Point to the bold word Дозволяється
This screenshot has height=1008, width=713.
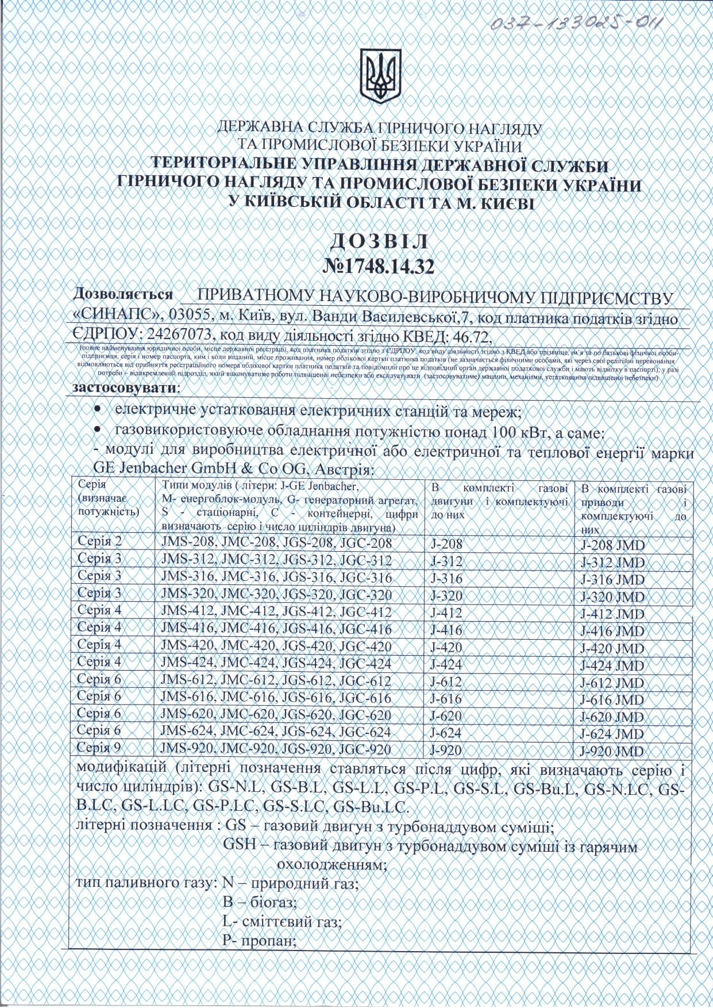click(123, 294)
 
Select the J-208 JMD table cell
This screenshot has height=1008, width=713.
click(612, 545)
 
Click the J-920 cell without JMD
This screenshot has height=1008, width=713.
click(446, 750)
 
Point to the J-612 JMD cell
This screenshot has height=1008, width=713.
click(612, 683)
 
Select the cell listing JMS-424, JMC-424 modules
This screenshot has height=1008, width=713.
click(276, 664)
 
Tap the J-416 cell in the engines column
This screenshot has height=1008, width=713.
click(446, 630)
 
